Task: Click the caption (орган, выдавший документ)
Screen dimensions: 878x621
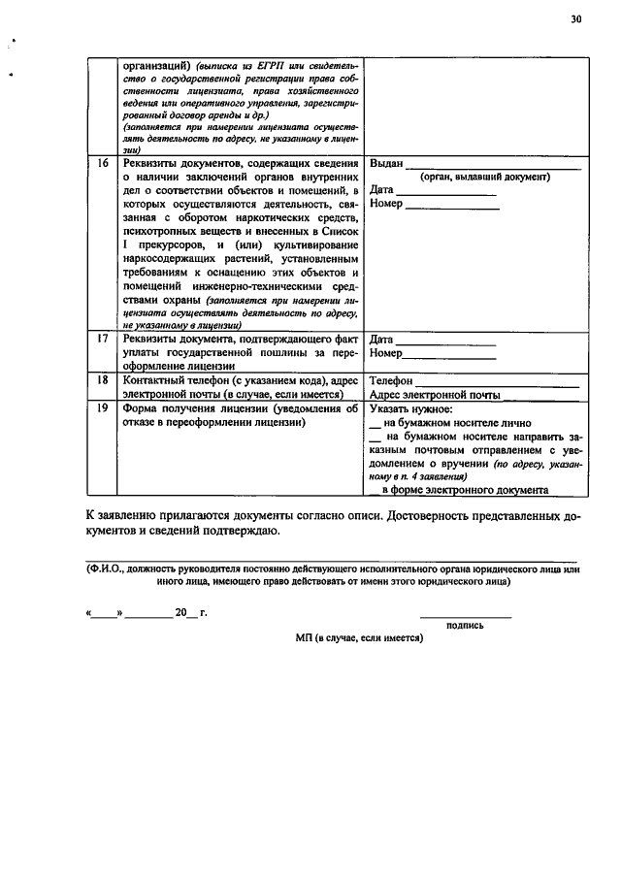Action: (x=484, y=178)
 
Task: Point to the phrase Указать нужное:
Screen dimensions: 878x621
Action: (x=411, y=409)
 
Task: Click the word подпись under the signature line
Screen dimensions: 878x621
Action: (x=465, y=626)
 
